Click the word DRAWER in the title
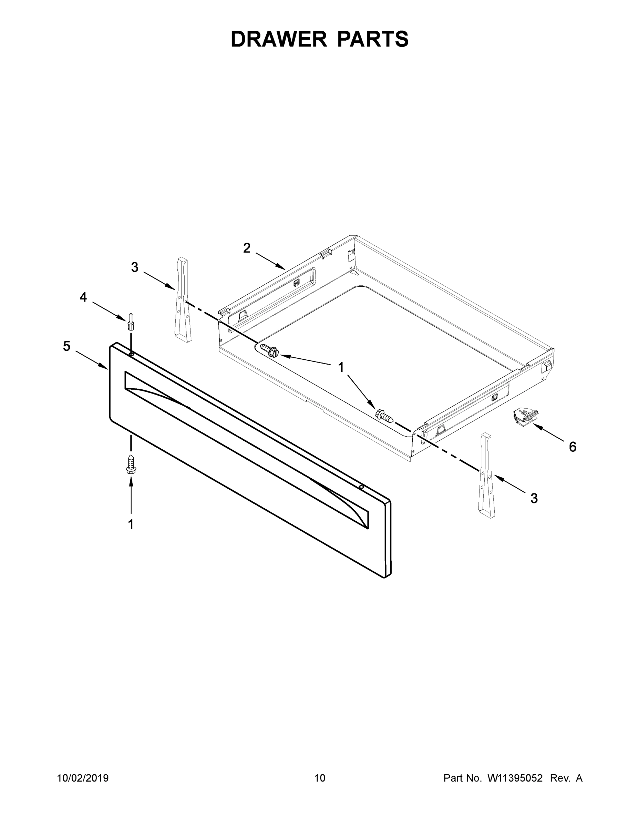(x=278, y=39)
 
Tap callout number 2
(x=247, y=248)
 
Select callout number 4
(x=83, y=297)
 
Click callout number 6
(x=573, y=447)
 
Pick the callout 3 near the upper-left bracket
(x=135, y=267)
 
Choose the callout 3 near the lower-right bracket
(x=534, y=498)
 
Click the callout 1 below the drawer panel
(x=131, y=525)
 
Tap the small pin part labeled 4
(x=131, y=322)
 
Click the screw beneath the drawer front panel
(x=131, y=464)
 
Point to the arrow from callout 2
(x=270, y=261)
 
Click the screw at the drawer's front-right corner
(x=384, y=416)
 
